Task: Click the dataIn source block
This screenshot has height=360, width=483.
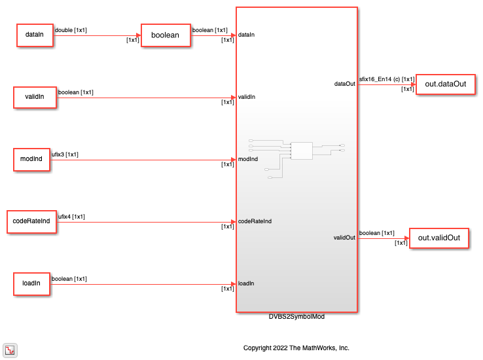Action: pos(35,35)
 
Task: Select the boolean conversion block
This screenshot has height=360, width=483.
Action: pos(166,35)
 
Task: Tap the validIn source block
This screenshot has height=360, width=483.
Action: pos(35,98)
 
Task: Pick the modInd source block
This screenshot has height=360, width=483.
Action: pos(31,160)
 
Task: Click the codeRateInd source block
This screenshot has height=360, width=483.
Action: pos(31,222)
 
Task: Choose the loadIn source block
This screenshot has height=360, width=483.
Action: pos(31,284)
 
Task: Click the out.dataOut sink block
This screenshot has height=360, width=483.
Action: pos(446,84)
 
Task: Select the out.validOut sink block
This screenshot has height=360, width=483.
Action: pos(439,238)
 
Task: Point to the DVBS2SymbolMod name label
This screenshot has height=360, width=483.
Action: pos(296,317)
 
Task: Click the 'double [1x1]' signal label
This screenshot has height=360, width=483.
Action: pos(71,30)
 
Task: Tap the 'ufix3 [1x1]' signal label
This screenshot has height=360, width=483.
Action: pos(65,154)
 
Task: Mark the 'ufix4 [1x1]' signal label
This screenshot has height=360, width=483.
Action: pos(71,217)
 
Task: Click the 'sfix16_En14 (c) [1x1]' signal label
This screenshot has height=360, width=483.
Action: pos(387,79)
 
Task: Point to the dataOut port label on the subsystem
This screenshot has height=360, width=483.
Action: pos(345,84)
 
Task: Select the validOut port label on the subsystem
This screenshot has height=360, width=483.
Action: pos(344,238)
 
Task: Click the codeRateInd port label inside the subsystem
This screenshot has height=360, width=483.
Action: pos(255,221)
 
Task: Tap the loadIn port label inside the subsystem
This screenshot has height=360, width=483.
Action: pos(246,283)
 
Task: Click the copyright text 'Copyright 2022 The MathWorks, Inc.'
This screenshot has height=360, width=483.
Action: pos(296,348)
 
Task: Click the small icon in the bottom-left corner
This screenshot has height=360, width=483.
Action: pos(10,350)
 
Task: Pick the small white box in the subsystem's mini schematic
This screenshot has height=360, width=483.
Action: pos(302,151)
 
